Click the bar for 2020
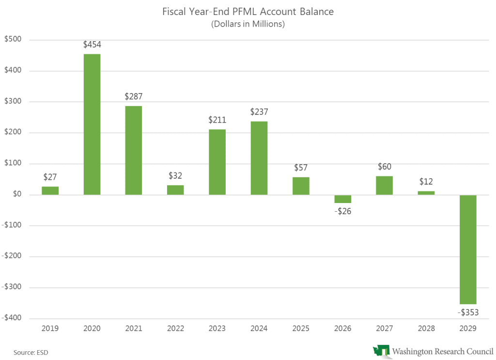(x=92, y=124)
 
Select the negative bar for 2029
(x=468, y=249)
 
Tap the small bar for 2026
(x=342, y=199)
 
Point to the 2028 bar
(x=426, y=193)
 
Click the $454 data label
(x=92, y=45)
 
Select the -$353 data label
(x=468, y=313)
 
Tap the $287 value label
(x=134, y=96)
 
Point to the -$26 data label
(x=342, y=212)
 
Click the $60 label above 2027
(x=385, y=167)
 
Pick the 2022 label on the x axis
(x=175, y=329)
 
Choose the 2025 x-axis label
(x=301, y=329)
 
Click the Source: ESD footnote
(x=27, y=352)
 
